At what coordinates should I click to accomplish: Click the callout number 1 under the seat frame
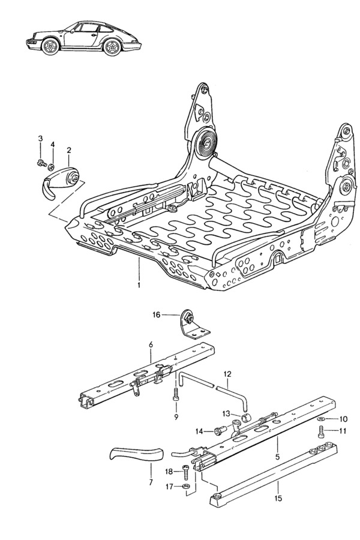tap(139, 286)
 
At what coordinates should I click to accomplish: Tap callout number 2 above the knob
tap(69, 150)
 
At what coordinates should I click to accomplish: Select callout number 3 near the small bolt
tap(41, 139)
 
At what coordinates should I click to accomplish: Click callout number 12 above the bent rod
tap(228, 374)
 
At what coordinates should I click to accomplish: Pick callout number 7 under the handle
tap(151, 482)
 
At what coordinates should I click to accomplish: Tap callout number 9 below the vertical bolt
tap(176, 416)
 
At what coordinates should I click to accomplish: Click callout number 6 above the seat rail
tap(151, 344)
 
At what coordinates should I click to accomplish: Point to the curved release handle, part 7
tap(137, 454)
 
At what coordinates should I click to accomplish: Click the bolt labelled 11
tap(322, 431)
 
